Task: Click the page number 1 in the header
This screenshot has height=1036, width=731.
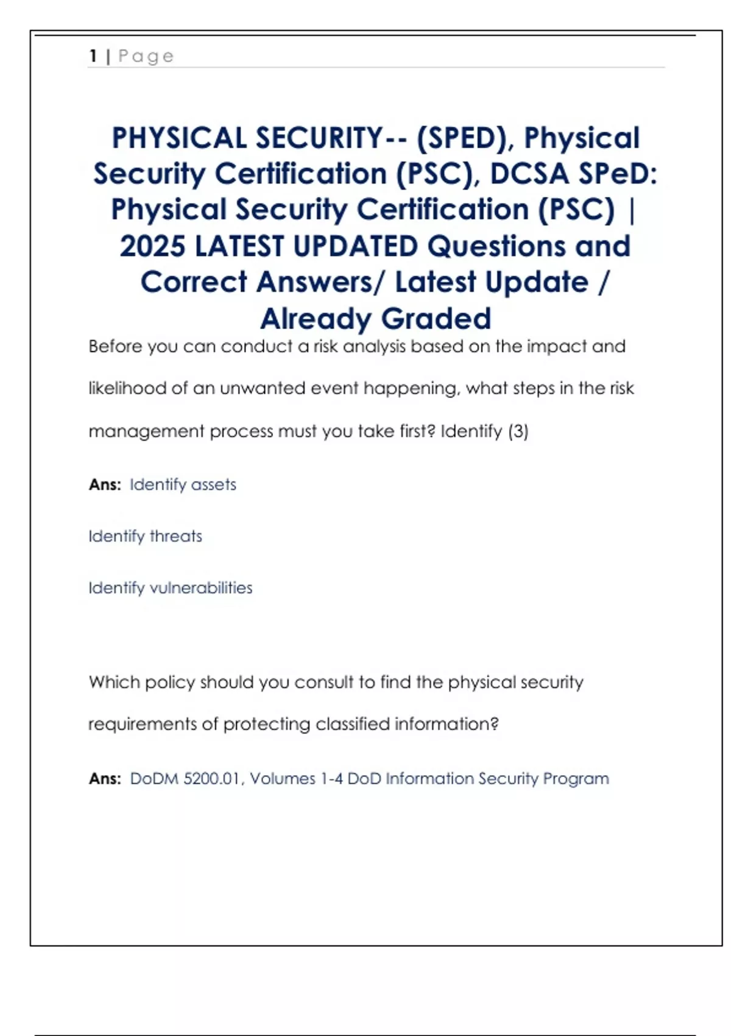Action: pyautogui.click(x=93, y=56)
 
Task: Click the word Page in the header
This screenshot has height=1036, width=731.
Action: pyautogui.click(x=146, y=57)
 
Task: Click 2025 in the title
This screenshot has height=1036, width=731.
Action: pyautogui.click(x=152, y=246)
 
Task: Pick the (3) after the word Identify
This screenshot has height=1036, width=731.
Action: pyautogui.click(x=518, y=431)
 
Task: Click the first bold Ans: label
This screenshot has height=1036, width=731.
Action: pyautogui.click(x=105, y=485)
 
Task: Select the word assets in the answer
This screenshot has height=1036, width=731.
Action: pyautogui.click(x=213, y=485)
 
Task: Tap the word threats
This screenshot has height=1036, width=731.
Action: pyautogui.click(x=175, y=536)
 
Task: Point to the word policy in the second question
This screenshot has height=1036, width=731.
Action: pyautogui.click(x=170, y=682)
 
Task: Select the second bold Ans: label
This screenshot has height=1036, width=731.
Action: pyautogui.click(x=105, y=779)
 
